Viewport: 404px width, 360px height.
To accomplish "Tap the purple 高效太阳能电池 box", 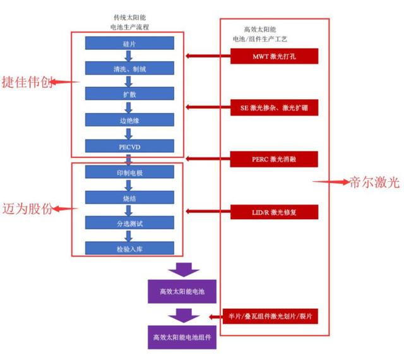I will pos(183,292).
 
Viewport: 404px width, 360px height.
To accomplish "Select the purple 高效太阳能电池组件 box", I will pos(183,337).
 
